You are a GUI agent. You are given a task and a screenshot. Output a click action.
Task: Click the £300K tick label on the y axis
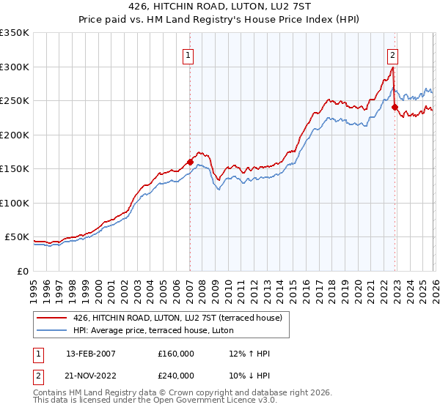point(15,67)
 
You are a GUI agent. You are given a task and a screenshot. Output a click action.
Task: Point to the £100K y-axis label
point(15,203)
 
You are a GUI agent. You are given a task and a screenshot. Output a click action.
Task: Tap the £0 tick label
point(22,271)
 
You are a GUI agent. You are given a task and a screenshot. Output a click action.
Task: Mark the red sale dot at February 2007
point(190,162)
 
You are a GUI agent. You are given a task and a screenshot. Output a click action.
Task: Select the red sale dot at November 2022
point(395,107)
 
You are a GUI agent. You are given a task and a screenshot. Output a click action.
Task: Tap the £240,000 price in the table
point(176,374)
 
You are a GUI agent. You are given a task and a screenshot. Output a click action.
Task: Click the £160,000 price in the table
point(176,354)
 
